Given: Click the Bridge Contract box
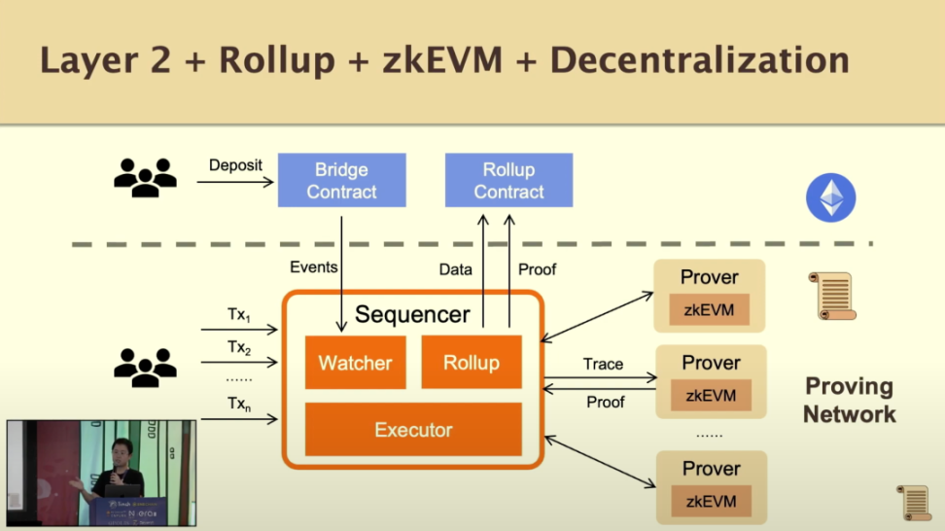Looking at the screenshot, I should (341, 180).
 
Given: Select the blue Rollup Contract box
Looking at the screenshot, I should (508, 180).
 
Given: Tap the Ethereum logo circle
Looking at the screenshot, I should (830, 199).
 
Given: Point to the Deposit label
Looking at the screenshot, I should (235, 164).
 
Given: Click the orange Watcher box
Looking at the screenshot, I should (355, 363).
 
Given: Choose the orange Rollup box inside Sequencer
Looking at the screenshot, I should (472, 362).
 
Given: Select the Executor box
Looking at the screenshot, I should (413, 429).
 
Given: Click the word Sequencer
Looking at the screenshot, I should (412, 314).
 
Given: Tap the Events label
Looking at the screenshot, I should (314, 267).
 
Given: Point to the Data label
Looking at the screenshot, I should (455, 269).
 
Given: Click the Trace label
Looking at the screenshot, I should (603, 364).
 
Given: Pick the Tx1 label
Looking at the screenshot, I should (238, 315).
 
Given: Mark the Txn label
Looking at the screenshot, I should (238, 408).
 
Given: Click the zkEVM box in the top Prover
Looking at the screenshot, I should (709, 310).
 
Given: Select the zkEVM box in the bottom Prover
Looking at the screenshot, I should (711, 501).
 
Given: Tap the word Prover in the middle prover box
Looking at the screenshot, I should (711, 363).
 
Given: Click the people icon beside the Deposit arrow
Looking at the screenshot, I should (146, 177).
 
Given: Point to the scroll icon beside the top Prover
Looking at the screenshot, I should (832, 296).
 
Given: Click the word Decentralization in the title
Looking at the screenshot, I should (699, 60).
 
